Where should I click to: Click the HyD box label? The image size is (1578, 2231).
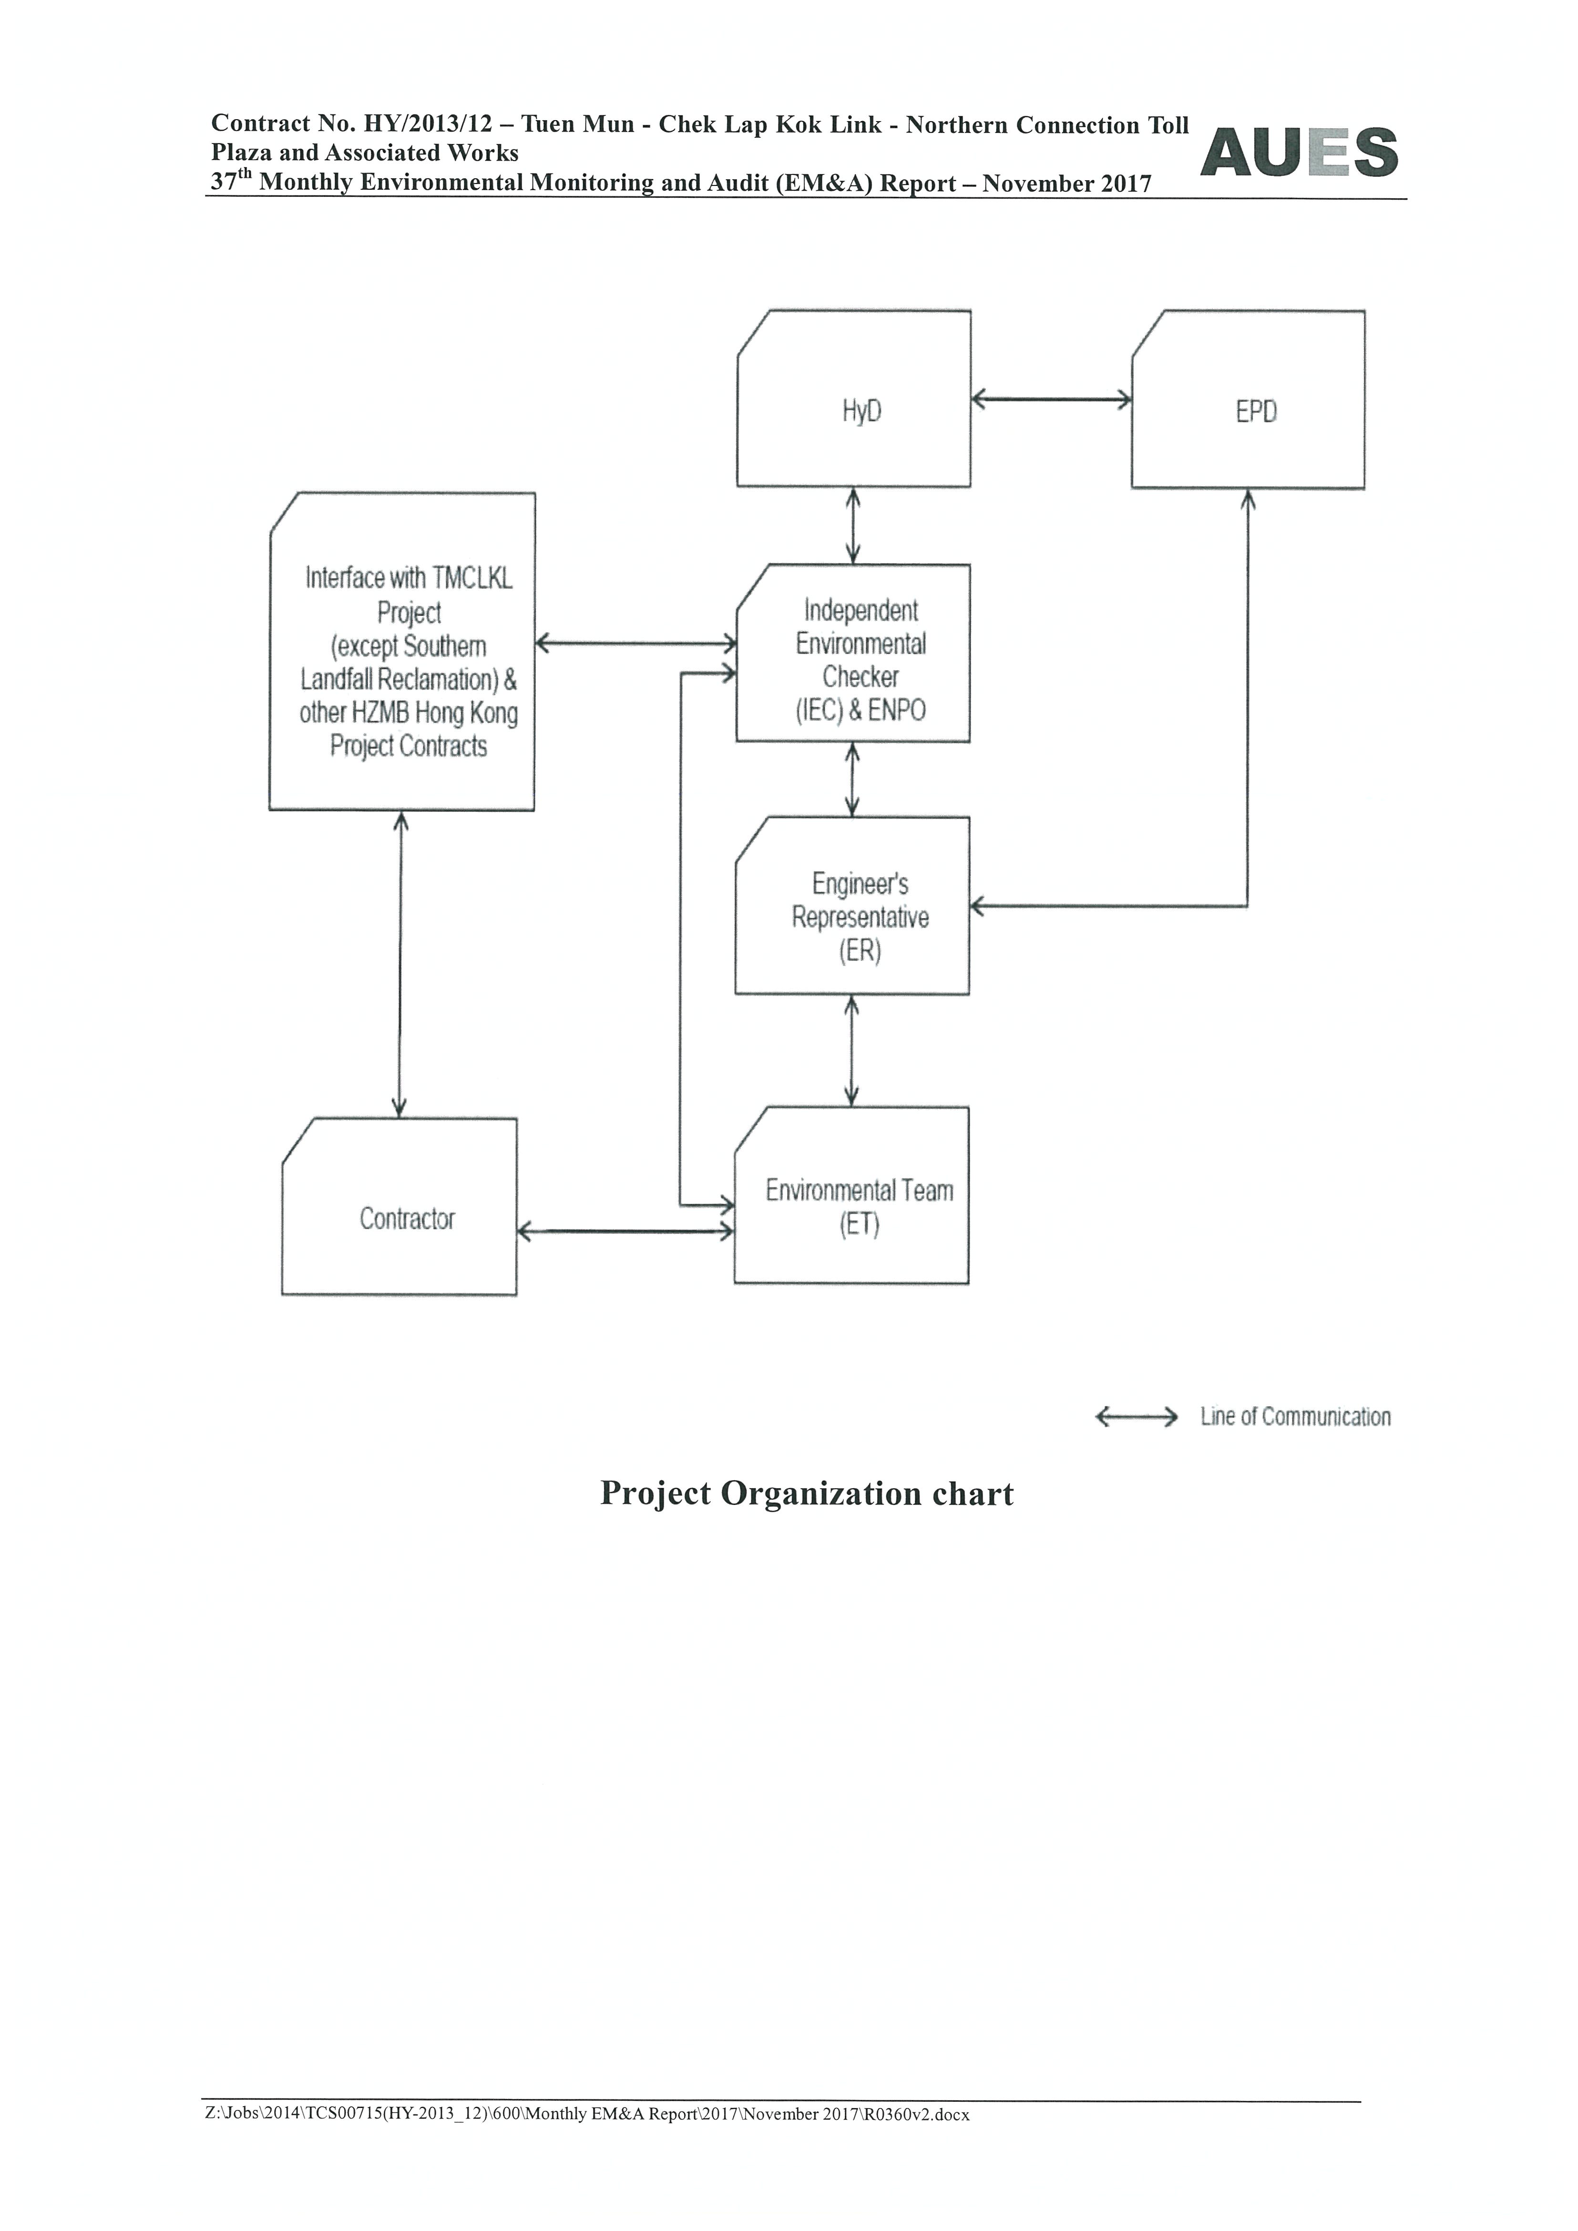click(862, 412)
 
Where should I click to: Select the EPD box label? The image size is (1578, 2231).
click(1256, 412)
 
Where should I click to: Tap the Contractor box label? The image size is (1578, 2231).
click(407, 1218)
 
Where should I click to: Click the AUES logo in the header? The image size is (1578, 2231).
click(1299, 153)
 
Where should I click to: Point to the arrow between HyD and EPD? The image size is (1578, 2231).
click(1051, 399)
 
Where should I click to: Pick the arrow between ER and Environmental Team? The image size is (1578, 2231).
click(852, 1050)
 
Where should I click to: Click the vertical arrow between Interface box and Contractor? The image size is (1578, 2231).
click(400, 964)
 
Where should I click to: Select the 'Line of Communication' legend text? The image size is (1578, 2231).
click(1295, 1417)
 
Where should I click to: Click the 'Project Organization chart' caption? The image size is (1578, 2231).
click(807, 1494)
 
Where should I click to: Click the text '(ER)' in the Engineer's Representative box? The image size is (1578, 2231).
click(860, 952)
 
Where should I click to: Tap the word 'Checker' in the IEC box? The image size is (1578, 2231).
click(861, 677)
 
